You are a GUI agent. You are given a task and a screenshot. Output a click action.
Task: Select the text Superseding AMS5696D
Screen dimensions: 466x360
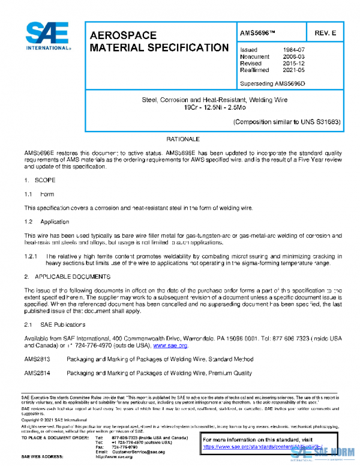click(272, 83)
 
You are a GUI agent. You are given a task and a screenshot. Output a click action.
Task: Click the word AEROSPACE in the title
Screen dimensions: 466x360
click(123, 35)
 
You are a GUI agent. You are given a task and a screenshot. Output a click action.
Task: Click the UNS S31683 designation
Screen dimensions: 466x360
click(321, 122)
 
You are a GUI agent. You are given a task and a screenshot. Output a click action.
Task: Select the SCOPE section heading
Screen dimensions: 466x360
click(44, 180)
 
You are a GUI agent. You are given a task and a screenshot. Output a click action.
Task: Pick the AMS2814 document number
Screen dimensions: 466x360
click(37, 373)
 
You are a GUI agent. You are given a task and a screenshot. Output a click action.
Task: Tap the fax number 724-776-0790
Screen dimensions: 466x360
click(125, 447)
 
